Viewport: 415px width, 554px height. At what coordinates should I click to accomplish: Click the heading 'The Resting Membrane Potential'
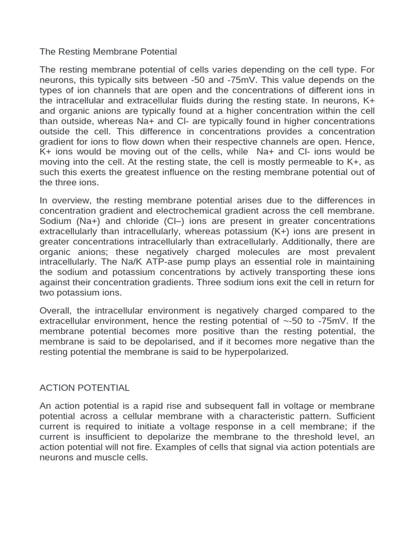pyautogui.click(x=108, y=52)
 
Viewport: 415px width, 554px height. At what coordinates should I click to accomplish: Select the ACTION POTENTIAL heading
pyautogui.click(x=85, y=388)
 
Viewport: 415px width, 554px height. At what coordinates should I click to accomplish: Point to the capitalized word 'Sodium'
pyautogui.click(x=56, y=221)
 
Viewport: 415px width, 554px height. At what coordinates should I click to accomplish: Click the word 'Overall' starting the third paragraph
pyautogui.click(x=57, y=311)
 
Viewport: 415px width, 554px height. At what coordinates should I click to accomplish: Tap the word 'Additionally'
pyautogui.click(x=320, y=242)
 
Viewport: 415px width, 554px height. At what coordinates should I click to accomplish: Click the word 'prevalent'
pyautogui.click(x=355, y=252)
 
